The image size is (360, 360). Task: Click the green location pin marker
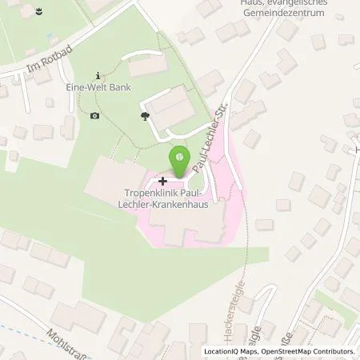181,158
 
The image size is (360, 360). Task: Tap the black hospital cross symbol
164,181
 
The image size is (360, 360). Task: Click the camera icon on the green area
95,116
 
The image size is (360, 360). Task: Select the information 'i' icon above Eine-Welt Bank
98,74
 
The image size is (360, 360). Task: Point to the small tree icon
145,117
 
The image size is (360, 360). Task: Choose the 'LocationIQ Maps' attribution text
230,350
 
